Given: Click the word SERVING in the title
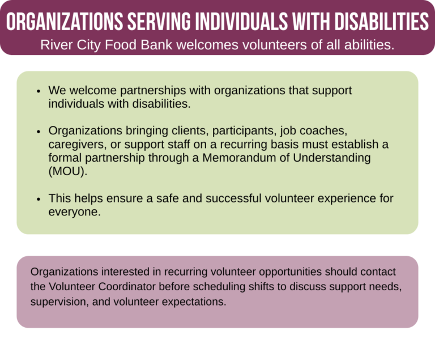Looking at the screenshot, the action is (159, 22).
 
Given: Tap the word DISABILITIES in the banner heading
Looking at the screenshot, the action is (381, 22).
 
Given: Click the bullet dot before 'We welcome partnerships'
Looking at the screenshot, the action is (39, 91).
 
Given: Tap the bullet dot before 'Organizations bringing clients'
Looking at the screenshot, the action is (39, 132).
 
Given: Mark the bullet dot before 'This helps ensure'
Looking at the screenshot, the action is (39, 199).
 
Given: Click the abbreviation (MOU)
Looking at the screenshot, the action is (68, 171).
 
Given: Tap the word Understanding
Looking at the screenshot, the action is (332, 158).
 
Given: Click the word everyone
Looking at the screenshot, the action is (74, 212).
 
